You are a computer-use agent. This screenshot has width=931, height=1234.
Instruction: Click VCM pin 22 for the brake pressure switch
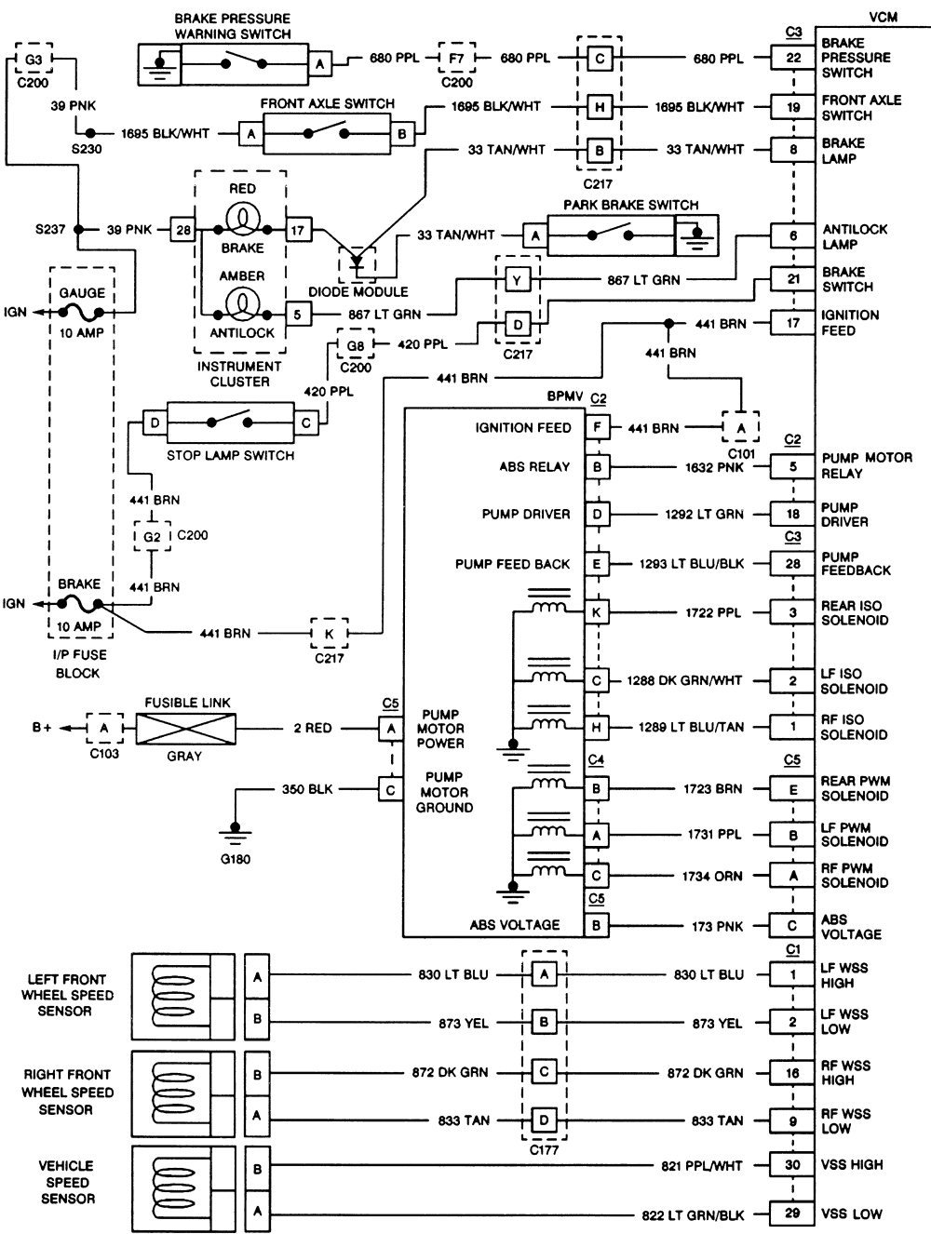pyautogui.click(x=793, y=58)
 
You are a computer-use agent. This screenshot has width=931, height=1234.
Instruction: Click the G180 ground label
pyautogui.click(x=236, y=859)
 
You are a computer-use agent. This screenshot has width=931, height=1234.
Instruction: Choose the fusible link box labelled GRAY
pyautogui.click(x=186, y=728)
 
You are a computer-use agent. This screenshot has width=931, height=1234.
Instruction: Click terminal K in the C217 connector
pyautogui.click(x=329, y=633)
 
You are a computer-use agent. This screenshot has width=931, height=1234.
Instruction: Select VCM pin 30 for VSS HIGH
pyautogui.click(x=793, y=1165)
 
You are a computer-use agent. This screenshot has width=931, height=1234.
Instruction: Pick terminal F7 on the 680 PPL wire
pyautogui.click(x=456, y=58)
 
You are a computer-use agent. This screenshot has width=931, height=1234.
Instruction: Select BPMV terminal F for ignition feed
pyautogui.click(x=596, y=428)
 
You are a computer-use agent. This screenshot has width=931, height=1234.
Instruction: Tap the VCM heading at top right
pyautogui.click(x=883, y=17)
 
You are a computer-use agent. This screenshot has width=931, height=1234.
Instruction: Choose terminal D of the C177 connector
pyautogui.click(x=545, y=1120)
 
